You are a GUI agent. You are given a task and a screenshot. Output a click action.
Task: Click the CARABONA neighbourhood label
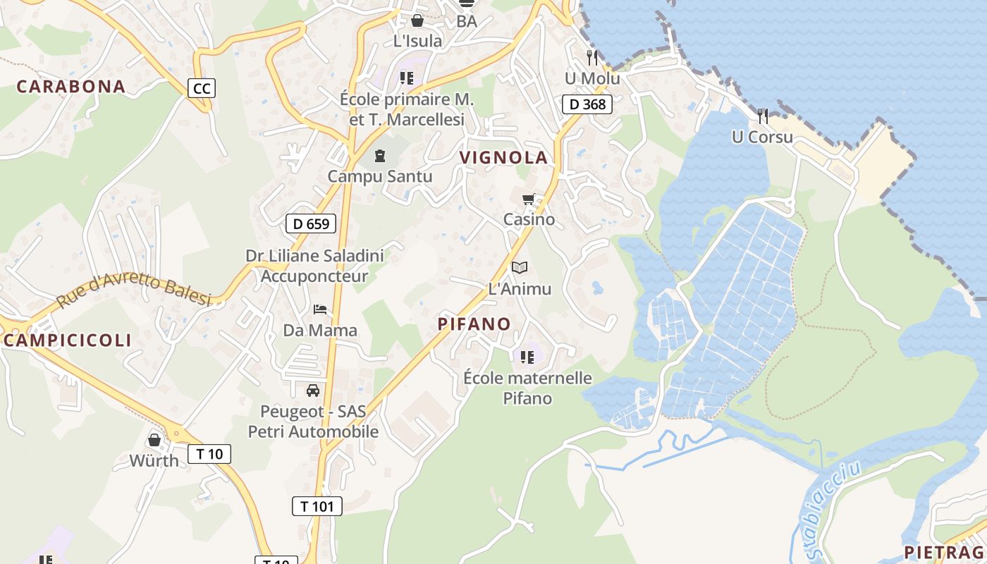coord(70,87)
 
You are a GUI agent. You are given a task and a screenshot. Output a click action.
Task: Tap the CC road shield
coord(202,88)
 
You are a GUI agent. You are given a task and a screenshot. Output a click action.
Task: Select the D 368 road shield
coord(587,104)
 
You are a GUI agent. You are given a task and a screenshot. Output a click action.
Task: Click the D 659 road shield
coord(311,224)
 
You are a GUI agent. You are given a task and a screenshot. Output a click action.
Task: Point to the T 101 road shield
coord(317,505)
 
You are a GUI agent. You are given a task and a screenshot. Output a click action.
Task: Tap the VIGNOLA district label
coord(503,157)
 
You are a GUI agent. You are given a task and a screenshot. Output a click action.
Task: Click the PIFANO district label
coord(474,324)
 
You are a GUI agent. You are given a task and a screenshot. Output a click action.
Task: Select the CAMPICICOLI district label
coord(68,340)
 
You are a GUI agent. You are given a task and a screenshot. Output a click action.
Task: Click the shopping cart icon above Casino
coord(529,200)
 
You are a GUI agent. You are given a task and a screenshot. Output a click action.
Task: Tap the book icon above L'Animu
coord(520,268)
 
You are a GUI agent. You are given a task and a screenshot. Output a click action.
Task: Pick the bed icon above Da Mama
coord(320,309)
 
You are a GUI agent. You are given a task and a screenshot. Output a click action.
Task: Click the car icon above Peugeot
coord(313,390)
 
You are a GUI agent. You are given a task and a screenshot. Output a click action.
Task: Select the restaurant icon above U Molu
coord(592,58)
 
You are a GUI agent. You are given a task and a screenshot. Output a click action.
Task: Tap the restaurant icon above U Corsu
coord(763,116)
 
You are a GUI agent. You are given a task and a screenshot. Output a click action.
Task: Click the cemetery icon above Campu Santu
coord(381,155)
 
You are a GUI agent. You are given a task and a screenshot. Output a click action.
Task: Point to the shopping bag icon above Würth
coord(154,441)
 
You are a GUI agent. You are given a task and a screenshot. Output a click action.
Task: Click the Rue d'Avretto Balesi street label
coord(134,291)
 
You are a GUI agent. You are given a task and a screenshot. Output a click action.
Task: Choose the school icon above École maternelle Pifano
coord(527,357)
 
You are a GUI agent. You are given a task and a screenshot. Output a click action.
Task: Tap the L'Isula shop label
coord(417,41)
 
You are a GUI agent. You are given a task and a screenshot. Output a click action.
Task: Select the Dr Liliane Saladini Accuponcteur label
coord(314,265)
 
